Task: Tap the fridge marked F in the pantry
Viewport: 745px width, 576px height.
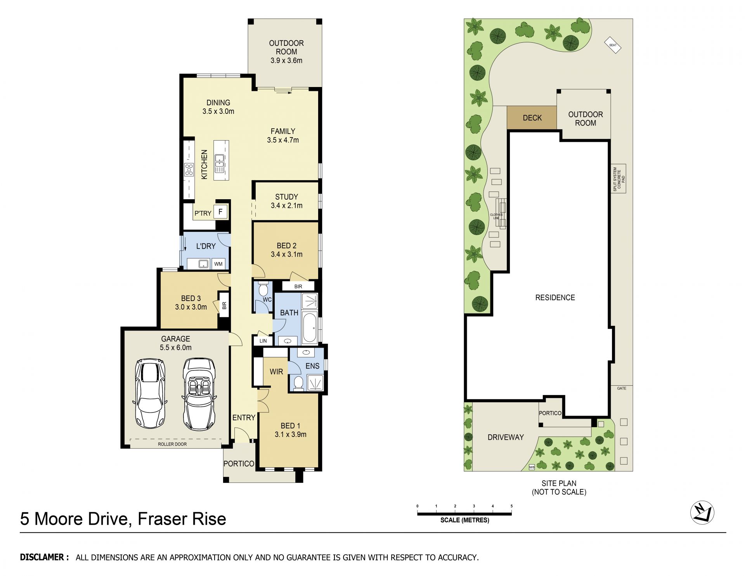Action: click(220, 212)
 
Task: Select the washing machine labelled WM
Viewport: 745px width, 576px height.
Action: click(218, 264)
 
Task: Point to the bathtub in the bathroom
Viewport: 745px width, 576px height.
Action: click(310, 328)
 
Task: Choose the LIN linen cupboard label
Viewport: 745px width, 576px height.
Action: click(263, 341)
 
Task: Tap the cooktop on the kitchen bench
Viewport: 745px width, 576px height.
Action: click(189, 170)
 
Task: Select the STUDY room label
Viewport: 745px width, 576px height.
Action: click(286, 197)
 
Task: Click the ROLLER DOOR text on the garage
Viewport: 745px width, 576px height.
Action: click(172, 444)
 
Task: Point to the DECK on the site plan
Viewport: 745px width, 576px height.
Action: click(532, 118)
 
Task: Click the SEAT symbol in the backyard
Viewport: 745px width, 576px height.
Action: click(613, 45)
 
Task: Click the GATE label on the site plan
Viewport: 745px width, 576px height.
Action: click(622, 388)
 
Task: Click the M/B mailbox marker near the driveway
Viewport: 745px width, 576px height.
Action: click(532, 467)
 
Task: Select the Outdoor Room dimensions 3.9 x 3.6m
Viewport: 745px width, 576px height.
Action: click(286, 61)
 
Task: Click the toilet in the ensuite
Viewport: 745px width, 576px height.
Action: click(298, 382)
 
